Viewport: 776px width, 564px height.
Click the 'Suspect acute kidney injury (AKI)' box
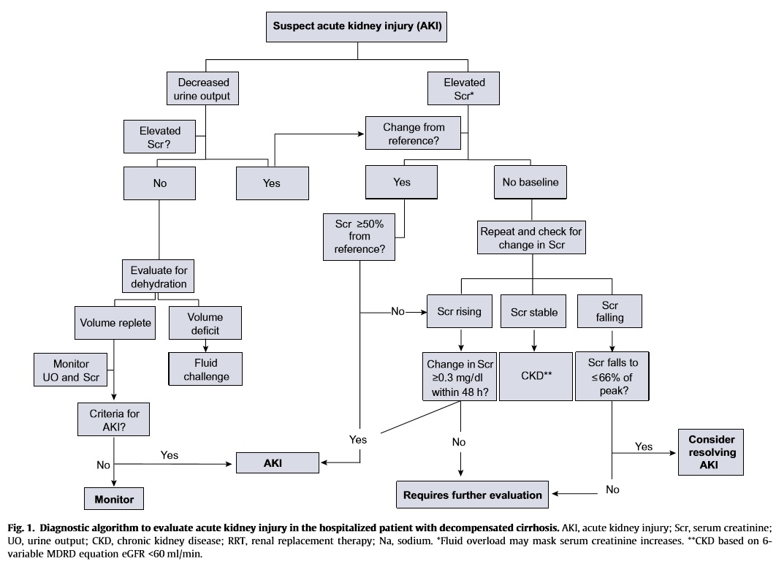[357, 26]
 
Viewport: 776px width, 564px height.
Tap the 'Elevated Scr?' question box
[160, 138]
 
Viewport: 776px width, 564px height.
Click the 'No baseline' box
[530, 183]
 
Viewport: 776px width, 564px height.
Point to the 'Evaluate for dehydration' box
[159, 276]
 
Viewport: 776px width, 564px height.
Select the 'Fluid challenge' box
[205, 369]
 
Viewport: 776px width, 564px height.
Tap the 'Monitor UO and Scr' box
[71, 369]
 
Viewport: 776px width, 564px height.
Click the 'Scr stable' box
[534, 313]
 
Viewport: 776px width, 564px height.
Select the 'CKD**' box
[536, 376]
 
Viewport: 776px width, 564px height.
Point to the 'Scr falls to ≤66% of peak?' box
[612, 376]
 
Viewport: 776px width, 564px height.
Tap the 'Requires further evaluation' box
[473, 495]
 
